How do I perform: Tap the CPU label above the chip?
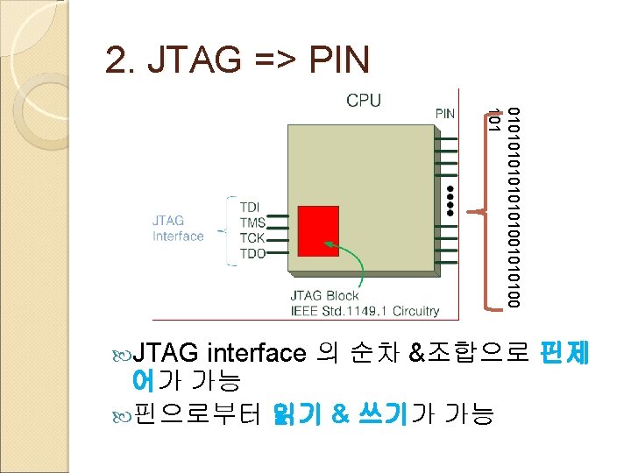click(x=364, y=100)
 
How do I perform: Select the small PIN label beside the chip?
click(x=445, y=113)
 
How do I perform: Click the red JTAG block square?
click(x=317, y=230)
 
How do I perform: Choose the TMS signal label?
click(x=253, y=224)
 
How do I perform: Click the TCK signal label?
click(x=253, y=238)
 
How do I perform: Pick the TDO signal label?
click(x=253, y=253)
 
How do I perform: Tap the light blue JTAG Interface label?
click(x=178, y=229)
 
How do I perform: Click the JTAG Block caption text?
click(x=324, y=296)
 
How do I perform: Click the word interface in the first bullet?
click(x=257, y=354)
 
